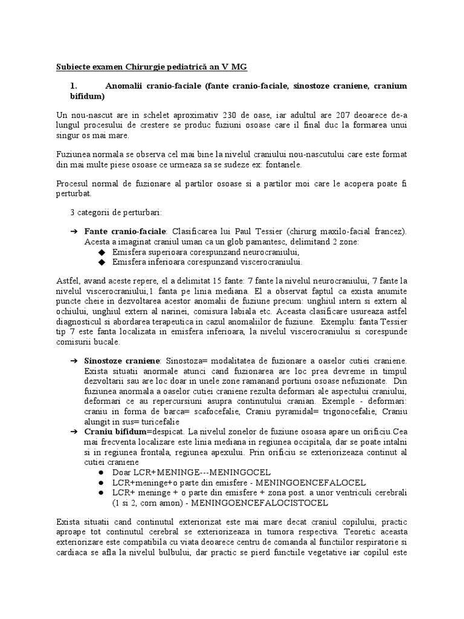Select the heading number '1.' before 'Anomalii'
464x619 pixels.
tap(74, 86)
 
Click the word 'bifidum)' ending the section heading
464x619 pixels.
tap(88, 96)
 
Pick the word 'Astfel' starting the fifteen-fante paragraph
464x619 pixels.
tap(67, 281)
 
